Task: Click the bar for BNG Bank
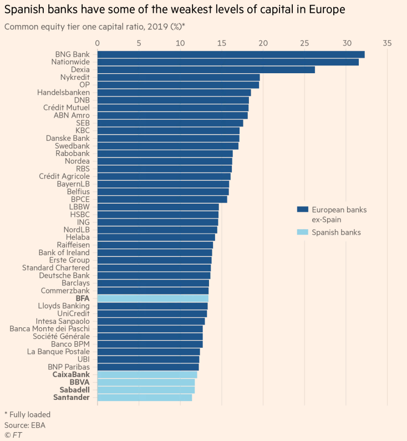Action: pos(231,54)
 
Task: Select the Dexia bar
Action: pos(206,70)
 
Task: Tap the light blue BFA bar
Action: pos(152,298)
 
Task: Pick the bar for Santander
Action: pos(145,397)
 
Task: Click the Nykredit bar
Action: pos(179,77)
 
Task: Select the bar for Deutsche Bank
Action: pos(154,275)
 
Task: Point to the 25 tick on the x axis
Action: pos(304,43)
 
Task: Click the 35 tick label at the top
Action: pos(387,43)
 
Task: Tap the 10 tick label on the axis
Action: pos(180,43)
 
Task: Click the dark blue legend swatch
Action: pos(302,210)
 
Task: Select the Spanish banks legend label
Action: pos(336,232)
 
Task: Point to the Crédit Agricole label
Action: pos(64,176)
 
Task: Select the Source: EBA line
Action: pos(25,425)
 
